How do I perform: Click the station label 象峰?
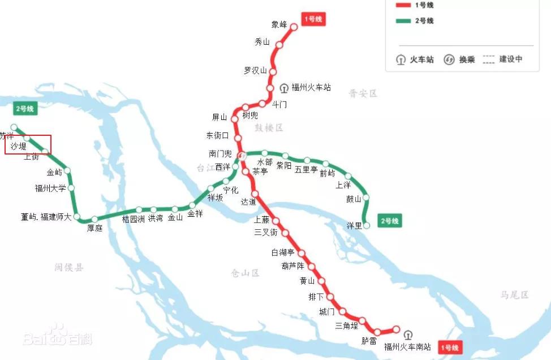pyautogui.click(x=279, y=24)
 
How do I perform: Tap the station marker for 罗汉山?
pyautogui.click(x=273, y=71)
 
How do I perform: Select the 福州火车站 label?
pyautogui.click(x=311, y=88)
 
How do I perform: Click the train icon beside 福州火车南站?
pyautogui.click(x=408, y=335)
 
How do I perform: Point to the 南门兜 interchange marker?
pyautogui.click(x=241, y=155)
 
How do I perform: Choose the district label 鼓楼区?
pyautogui.click(x=268, y=128)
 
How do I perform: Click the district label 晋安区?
pyautogui.click(x=363, y=93)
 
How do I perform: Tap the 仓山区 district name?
pyautogui.click(x=245, y=273)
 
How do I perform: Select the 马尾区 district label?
pyautogui.click(x=514, y=295)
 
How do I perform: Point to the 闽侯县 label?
pyautogui.click(x=69, y=267)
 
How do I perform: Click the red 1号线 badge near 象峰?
pyautogui.click(x=313, y=20)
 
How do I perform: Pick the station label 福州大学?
pyautogui.click(x=50, y=188)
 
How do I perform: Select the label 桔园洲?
pyautogui.click(x=134, y=219)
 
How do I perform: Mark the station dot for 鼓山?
pyautogui.click(x=366, y=198)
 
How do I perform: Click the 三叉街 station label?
pyautogui.click(x=266, y=233)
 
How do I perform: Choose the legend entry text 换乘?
pyautogui.click(x=467, y=59)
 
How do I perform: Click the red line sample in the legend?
pyautogui.click(x=403, y=5)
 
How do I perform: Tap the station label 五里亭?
pyautogui.click(x=306, y=169)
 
